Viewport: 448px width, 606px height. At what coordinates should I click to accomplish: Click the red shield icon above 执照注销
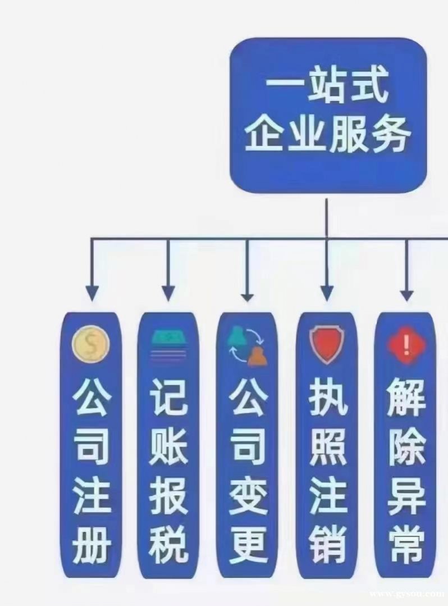coord(327,345)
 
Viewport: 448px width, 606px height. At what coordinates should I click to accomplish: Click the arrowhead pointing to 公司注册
coord(92,293)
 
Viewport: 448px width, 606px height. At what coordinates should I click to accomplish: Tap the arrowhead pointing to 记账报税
coord(168,293)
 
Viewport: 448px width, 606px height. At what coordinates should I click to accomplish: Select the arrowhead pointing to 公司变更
coord(248,295)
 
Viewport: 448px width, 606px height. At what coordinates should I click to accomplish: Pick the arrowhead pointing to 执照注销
coord(327,293)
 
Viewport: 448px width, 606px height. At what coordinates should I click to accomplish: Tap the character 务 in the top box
coord(390,134)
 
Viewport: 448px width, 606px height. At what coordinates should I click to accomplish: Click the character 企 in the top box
coord(265,134)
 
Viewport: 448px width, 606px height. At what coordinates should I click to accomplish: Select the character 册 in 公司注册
coord(91,544)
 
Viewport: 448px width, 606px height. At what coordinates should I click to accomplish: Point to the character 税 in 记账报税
coord(169,544)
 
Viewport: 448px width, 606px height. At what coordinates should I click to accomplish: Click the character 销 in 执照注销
coord(327,544)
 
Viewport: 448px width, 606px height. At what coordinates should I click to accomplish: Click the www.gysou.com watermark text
coord(408,594)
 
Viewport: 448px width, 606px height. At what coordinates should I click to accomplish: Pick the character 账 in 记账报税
coord(169,446)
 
